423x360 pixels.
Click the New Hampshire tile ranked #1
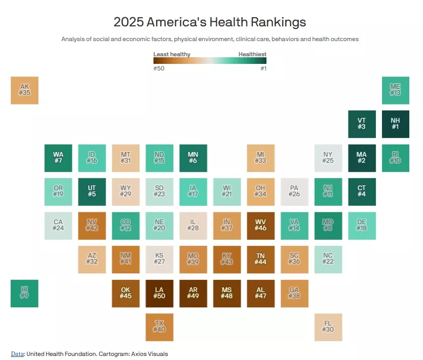(x=395, y=124)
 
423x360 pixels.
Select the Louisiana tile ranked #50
(x=159, y=293)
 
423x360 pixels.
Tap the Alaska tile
(x=24, y=90)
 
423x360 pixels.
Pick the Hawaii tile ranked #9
(x=24, y=293)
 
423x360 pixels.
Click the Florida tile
(x=328, y=327)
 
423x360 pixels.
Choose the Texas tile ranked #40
(x=159, y=327)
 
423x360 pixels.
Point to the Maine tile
(x=395, y=90)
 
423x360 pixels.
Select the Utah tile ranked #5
(x=92, y=192)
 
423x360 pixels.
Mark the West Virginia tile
(x=260, y=226)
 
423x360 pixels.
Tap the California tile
(x=58, y=226)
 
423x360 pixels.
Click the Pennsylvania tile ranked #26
(x=294, y=192)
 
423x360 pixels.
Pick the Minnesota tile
(x=193, y=158)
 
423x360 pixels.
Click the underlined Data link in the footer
(x=17, y=354)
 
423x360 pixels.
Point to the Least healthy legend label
(x=172, y=54)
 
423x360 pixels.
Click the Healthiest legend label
(x=252, y=54)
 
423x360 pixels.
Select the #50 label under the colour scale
(x=159, y=68)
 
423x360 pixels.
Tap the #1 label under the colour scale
(x=263, y=68)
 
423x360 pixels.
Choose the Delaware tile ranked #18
(x=362, y=226)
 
